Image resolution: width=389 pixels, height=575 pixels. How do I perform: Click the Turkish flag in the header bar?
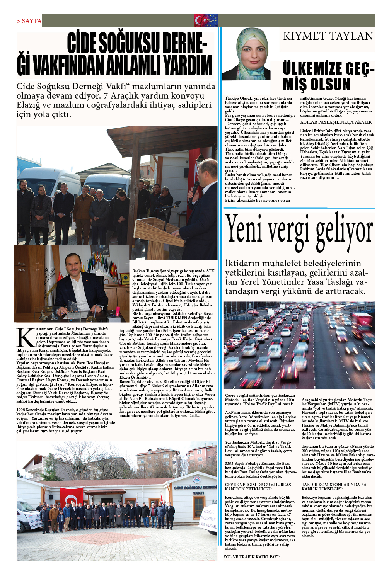pos(200,20)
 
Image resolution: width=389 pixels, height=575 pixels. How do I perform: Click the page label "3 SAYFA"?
pos(29,21)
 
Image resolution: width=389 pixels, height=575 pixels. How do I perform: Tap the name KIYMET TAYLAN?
pos(328,36)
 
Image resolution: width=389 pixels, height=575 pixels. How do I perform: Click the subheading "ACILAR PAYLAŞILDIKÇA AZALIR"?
pos(336,122)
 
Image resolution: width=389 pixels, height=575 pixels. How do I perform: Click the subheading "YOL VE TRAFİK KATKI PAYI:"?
pos(251,557)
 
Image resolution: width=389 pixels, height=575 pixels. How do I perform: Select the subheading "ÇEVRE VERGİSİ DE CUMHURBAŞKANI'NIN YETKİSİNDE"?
pos(259,487)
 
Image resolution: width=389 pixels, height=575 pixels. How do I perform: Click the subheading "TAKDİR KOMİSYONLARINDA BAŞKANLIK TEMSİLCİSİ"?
pos(335,487)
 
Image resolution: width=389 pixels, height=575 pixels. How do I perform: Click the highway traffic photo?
pos(299,345)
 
